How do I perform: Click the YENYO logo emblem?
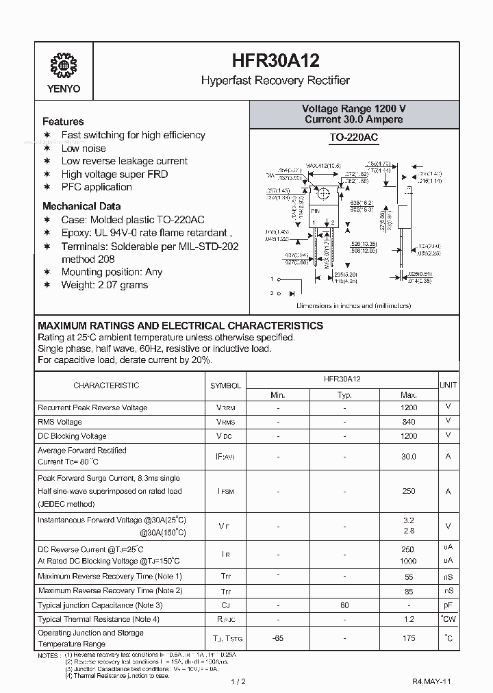(64, 66)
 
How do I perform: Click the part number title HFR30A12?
(275, 61)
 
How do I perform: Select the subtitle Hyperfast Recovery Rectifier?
(275, 81)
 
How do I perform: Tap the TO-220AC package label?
(353, 138)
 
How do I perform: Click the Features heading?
(63, 121)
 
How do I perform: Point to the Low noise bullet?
(84, 148)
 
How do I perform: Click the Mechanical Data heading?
(81, 205)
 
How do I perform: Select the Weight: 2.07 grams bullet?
(104, 285)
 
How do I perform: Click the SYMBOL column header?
(226, 386)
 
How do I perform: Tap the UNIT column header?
(448, 386)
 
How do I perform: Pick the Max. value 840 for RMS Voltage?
(408, 422)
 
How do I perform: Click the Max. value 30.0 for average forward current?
(408, 456)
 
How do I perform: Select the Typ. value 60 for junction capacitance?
(344, 605)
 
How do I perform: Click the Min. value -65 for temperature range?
(277, 638)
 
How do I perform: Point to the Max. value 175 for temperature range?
(408, 638)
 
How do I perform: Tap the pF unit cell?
(448, 605)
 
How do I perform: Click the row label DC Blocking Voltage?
(72, 436)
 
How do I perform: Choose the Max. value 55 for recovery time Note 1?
(408, 577)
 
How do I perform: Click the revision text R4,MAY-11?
(431, 681)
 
